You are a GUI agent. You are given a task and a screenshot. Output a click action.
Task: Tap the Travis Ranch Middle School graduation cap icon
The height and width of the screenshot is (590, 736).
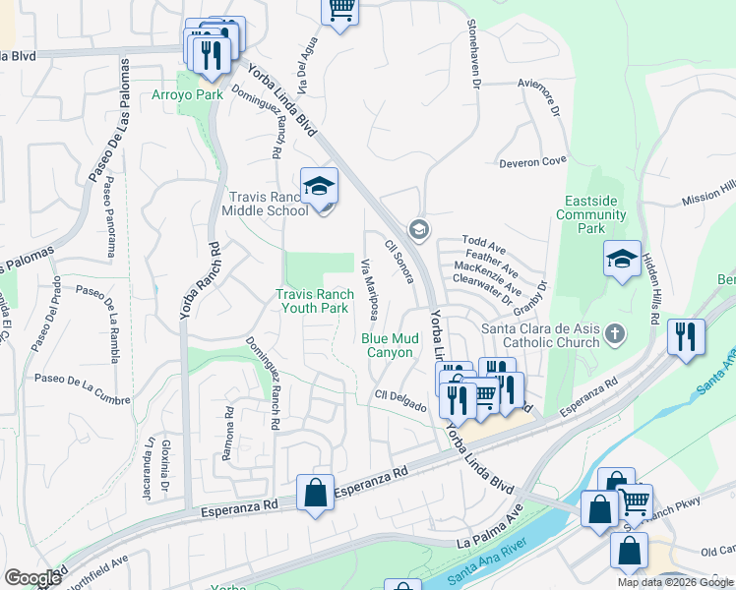pos(320,186)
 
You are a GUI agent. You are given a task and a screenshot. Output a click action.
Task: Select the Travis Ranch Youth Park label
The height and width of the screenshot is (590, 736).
pos(314,301)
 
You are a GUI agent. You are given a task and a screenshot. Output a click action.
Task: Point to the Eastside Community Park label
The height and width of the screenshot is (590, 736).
pos(591,214)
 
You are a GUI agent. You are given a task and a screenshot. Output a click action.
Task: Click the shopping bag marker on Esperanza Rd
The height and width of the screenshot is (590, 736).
pos(315,493)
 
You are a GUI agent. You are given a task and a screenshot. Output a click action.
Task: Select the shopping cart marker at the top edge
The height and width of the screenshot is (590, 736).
pos(340,10)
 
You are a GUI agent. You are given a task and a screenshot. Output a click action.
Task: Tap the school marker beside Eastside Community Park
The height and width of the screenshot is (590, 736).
pos(622,260)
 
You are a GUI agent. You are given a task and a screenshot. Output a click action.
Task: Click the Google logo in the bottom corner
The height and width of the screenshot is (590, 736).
pos(32,577)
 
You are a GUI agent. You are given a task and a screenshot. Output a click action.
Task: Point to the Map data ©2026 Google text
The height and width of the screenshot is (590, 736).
pos(675,582)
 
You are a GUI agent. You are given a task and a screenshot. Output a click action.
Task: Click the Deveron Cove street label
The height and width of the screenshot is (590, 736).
pos(532,161)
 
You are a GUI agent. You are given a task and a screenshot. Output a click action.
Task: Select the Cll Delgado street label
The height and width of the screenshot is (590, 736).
pos(399,398)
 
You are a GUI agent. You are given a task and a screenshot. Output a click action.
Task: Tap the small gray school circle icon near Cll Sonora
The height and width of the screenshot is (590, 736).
pos(418,229)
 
